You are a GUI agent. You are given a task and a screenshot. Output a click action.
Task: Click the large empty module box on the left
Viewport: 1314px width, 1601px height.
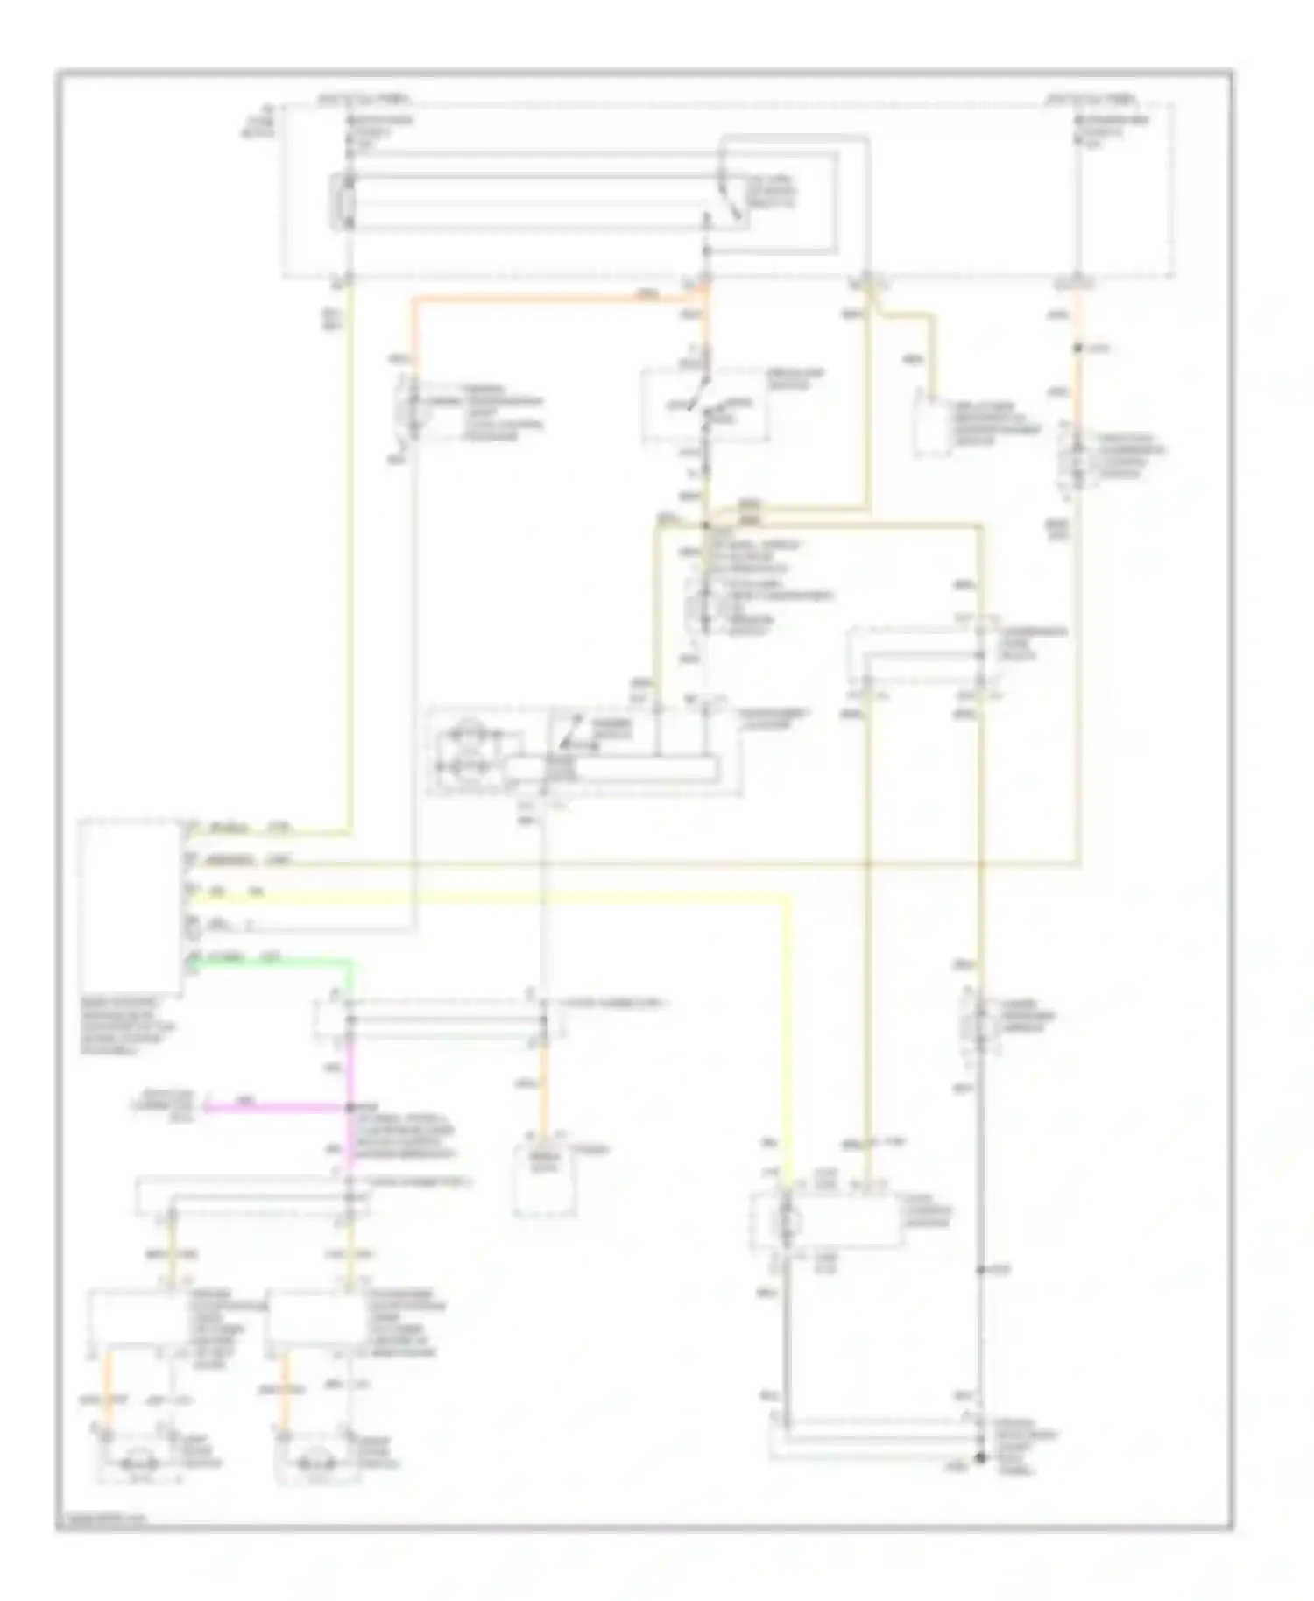(129, 906)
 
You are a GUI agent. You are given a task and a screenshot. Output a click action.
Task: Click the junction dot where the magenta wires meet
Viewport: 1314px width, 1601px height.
(350, 1107)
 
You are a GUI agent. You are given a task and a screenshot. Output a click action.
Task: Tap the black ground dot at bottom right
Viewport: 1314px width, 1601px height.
(980, 1458)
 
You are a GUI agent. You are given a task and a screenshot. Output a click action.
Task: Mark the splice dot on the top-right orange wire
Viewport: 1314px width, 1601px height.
(1078, 349)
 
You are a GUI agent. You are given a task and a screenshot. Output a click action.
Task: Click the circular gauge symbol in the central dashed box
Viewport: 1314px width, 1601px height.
(467, 750)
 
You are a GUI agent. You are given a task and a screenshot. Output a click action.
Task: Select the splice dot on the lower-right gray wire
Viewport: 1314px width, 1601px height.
(980, 1269)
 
